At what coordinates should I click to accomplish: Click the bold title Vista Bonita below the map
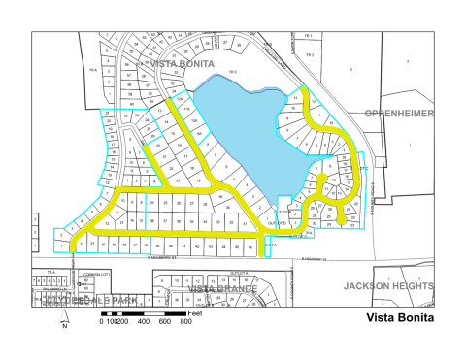399,317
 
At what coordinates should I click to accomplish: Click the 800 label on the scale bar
186,321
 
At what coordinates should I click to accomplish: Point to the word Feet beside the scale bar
195,312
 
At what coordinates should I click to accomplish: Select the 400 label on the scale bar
144,321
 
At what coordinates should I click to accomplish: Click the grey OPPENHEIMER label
398,114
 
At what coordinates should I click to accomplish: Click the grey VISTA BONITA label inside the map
182,63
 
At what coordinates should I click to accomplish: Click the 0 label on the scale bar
101,321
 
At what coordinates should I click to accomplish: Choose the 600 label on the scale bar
165,321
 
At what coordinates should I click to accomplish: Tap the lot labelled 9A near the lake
197,120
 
